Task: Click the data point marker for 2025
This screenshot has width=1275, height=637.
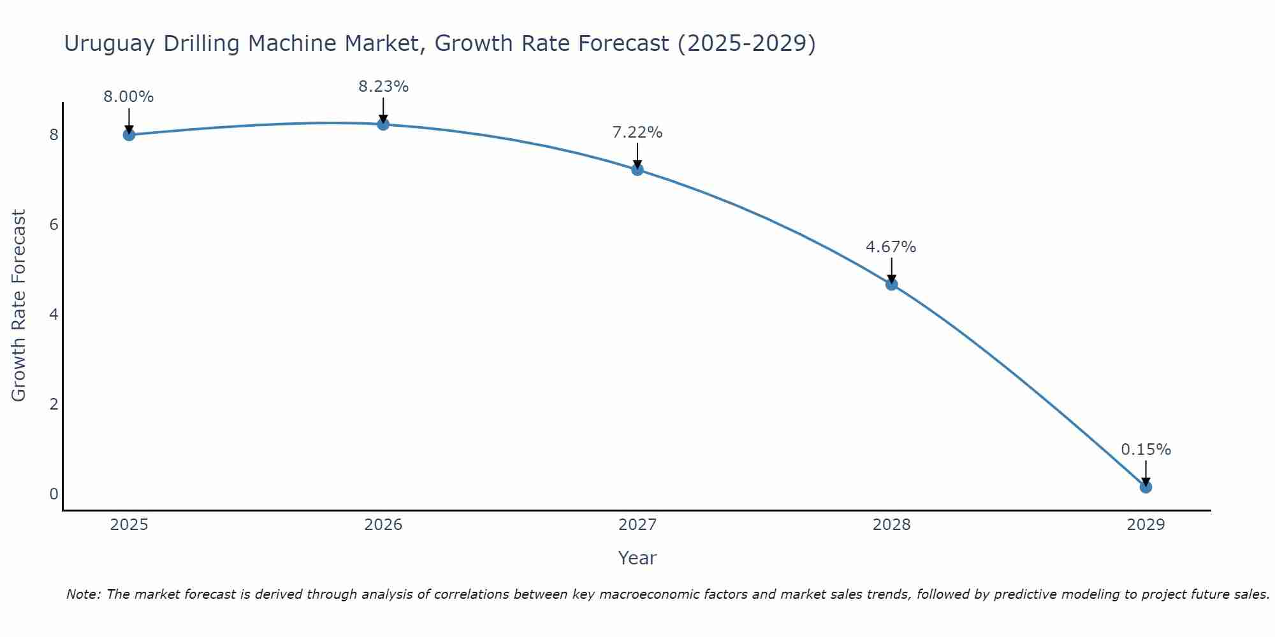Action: [129, 134]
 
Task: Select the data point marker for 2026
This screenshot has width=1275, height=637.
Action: [383, 124]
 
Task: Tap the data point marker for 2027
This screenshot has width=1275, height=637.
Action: [637, 169]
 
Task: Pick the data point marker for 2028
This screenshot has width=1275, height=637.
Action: [891, 284]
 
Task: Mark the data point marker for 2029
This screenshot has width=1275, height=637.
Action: [1146, 487]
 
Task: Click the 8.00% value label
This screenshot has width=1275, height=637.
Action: [129, 97]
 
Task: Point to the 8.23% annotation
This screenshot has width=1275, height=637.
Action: [383, 87]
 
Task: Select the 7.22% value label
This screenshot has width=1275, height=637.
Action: [637, 132]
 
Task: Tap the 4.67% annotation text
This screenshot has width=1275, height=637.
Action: [891, 247]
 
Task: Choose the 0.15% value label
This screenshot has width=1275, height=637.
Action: [1146, 450]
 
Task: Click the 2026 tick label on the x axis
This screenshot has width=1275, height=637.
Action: [383, 525]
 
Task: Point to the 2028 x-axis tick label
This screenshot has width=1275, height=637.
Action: [891, 525]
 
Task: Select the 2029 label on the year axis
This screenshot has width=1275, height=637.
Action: [1146, 525]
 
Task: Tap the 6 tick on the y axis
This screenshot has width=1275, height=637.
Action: [54, 225]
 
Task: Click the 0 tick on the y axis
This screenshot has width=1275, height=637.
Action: [54, 494]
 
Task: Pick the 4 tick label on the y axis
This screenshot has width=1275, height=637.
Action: [54, 315]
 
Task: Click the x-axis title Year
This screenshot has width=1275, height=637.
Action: [637, 558]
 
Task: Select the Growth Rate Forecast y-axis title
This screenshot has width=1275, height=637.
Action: [19, 306]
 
